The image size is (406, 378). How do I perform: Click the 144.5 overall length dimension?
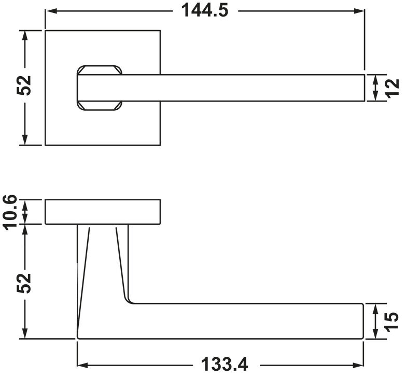click(204, 10)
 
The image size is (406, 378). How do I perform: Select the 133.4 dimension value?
click(224, 365)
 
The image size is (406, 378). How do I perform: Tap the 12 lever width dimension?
click(393, 89)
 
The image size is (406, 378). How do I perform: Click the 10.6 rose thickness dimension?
click(9, 212)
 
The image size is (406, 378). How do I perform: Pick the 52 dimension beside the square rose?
click(24, 85)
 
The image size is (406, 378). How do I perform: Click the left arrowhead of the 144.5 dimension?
click(51, 11)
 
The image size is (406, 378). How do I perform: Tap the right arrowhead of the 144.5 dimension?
click(359, 11)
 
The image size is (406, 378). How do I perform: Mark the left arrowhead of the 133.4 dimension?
click(83, 366)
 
